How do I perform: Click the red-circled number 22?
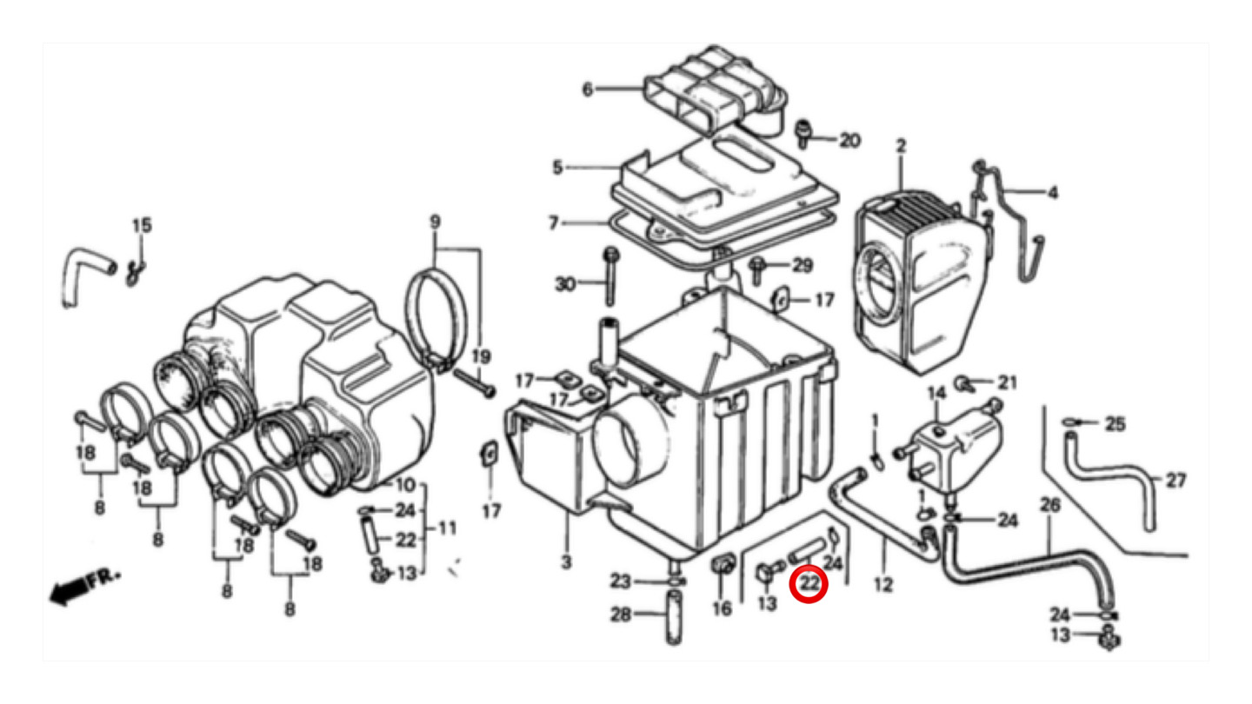[809, 584]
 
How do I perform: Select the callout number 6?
[588, 90]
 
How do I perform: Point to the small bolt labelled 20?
[803, 134]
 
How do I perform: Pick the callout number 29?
[802, 265]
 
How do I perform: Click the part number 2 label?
[901, 146]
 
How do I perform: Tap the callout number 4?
[1052, 193]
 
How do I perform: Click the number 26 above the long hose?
[1049, 505]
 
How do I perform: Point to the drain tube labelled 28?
[674, 617]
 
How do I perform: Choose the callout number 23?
[620, 581]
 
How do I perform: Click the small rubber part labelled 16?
[723, 566]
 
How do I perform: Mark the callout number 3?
[566, 561]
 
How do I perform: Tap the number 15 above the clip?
[142, 226]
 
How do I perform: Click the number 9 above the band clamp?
[435, 222]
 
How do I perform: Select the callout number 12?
[883, 584]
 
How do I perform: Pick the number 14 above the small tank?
[936, 394]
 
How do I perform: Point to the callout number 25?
[1115, 424]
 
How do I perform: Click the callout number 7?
[553, 222]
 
